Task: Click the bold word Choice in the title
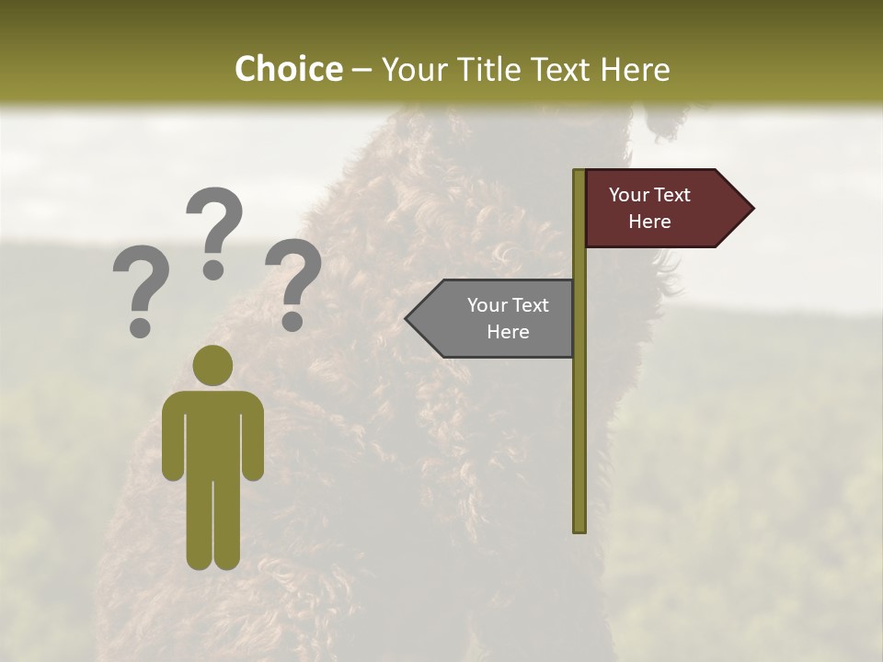[288, 69]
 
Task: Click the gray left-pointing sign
[497, 318]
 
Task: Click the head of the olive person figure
[213, 365]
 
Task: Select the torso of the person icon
[213, 432]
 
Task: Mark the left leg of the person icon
[200, 524]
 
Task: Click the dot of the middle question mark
[213, 269]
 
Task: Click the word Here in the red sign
[649, 222]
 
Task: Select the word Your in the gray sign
[487, 305]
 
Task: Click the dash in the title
[361, 70]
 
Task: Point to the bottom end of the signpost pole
[579, 528]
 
